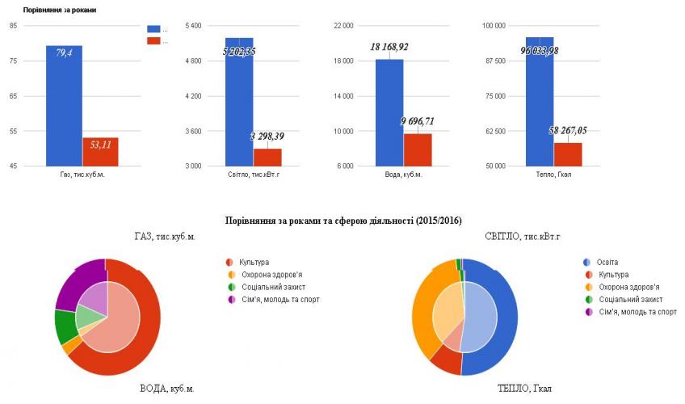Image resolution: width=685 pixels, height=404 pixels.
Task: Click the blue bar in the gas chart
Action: coord(64,113)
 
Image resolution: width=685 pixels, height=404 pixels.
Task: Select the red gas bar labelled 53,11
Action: coord(100,154)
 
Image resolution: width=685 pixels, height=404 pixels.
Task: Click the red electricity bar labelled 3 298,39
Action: coord(267,158)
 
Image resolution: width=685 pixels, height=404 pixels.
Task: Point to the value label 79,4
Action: coord(65,53)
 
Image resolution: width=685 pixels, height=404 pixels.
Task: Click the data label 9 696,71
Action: coord(428,121)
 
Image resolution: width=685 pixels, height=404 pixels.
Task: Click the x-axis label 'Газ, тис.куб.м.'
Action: coord(82,174)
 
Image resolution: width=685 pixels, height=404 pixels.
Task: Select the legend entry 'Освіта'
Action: coord(607,263)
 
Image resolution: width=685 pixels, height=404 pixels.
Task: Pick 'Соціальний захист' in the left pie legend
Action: coord(272,287)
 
